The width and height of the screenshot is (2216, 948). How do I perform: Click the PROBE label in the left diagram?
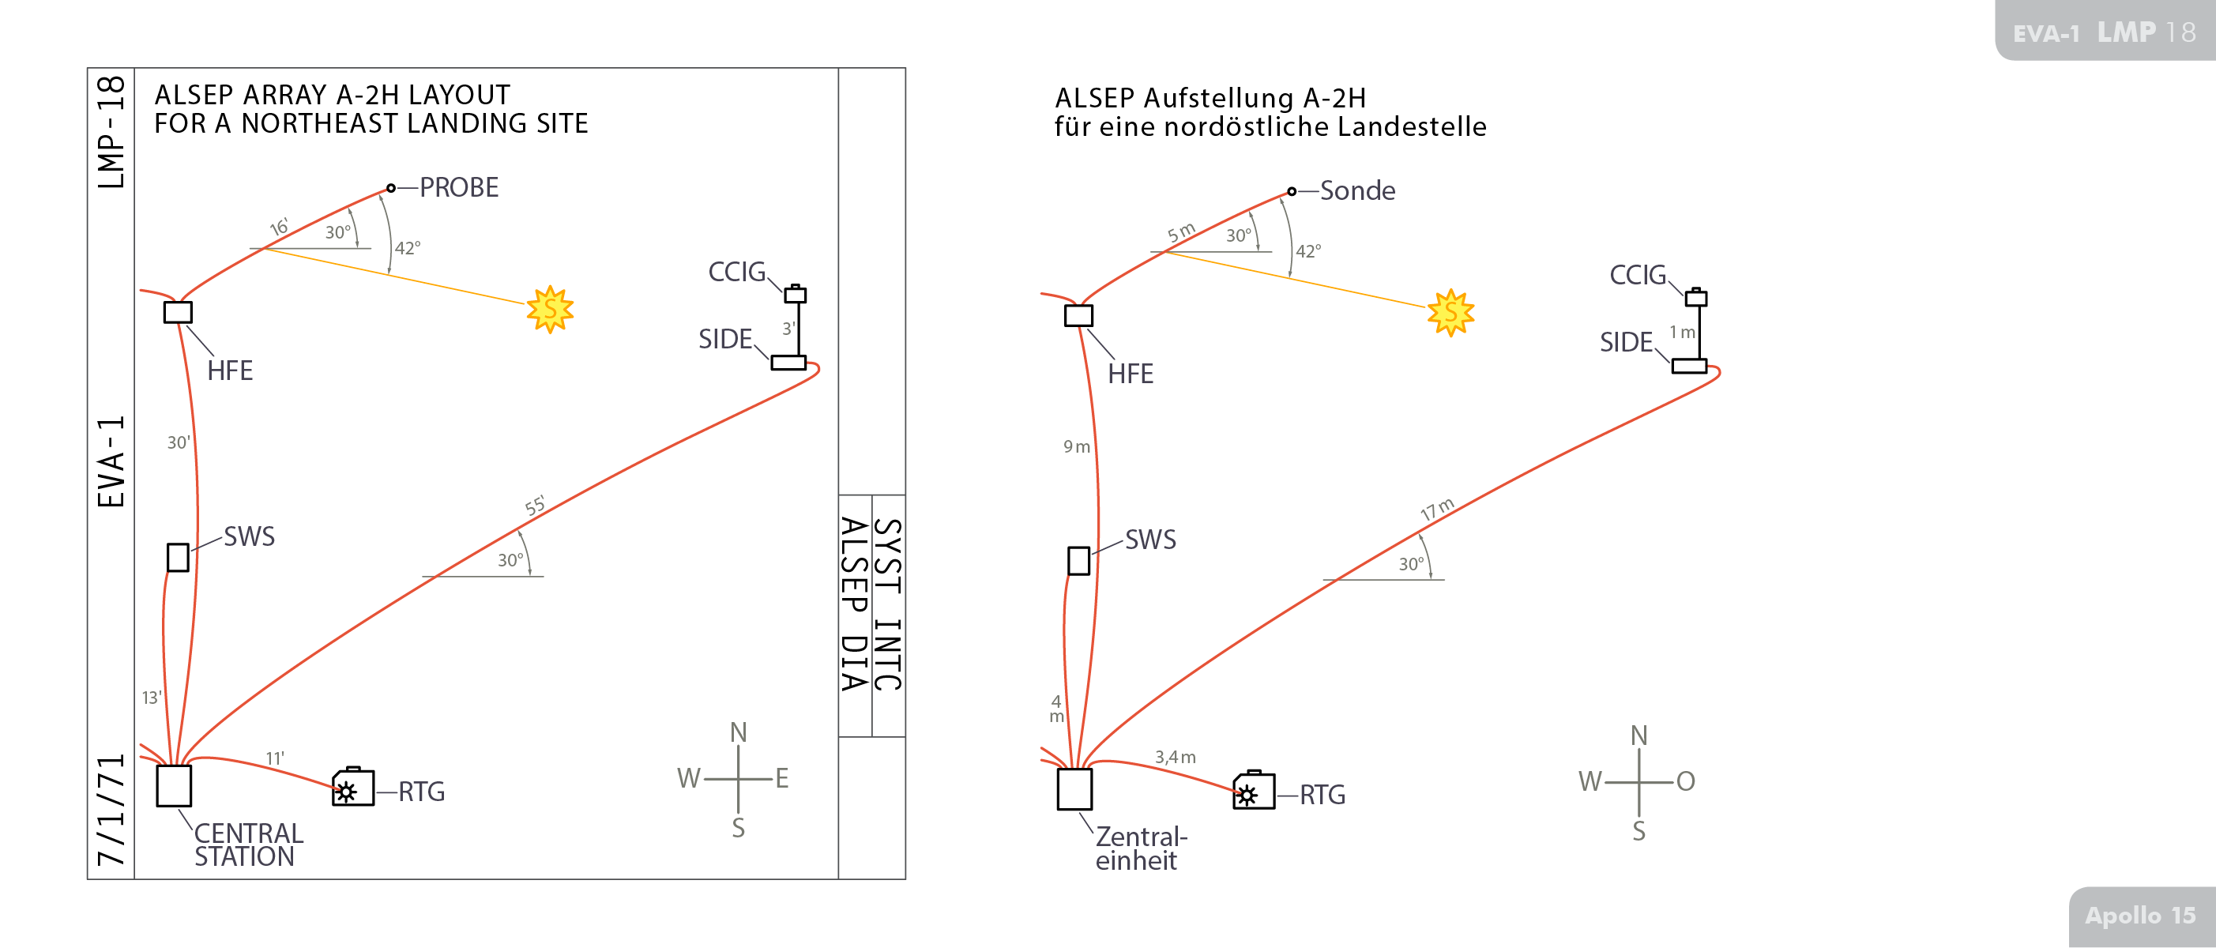pyautogui.click(x=458, y=187)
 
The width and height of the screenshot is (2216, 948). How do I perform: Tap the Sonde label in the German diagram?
pyautogui.click(x=1357, y=191)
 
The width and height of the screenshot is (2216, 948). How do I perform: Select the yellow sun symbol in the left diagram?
pyautogui.click(x=550, y=310)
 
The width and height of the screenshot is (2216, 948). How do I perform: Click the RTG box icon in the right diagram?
pyautogui.click(x=1254, y=791)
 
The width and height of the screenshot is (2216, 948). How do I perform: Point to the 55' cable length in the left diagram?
pyautogui.click(x=535, y=506)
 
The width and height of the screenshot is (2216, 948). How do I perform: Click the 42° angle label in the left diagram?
pyautogui.click(x=408, y=249)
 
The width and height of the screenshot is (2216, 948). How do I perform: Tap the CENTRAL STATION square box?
pyautogui.click(x=174, y=785)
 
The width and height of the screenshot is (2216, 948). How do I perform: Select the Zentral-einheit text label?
pyautogui.click(x=1140, y=848)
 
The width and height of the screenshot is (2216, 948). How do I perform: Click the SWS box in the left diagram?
pyautogui.click(x=178, y=558)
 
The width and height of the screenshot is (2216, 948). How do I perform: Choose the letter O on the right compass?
pyautogui.click(x=1685, y=781)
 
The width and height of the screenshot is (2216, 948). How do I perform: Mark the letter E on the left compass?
pyautogui.click(x=782, y=778)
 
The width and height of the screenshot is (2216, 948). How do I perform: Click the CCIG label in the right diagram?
pyautogui.click(x=1637, y=275)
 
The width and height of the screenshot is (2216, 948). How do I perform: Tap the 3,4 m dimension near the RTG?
pyautogui.click(x=1175, y=757)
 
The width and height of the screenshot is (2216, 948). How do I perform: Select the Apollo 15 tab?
pyautogui.click(x=2140, y=916)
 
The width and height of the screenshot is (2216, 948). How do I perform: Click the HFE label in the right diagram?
pyautogui.click(x=1131, y=374)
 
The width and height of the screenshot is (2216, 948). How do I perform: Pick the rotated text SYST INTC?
pyautogui.click(x=889, y=605)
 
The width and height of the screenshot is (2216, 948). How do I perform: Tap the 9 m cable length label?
pyautogui.click(x=1076, y=446)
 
